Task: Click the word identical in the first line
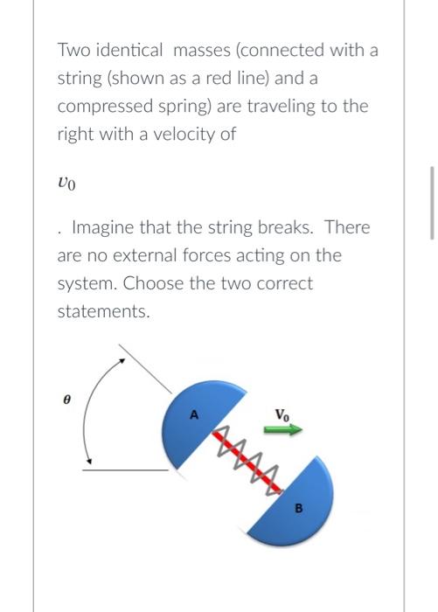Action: click(x=129, y=51)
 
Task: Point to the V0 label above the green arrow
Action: click(x=282, y=414)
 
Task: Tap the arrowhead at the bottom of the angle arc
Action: click(x=87, y=461)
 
